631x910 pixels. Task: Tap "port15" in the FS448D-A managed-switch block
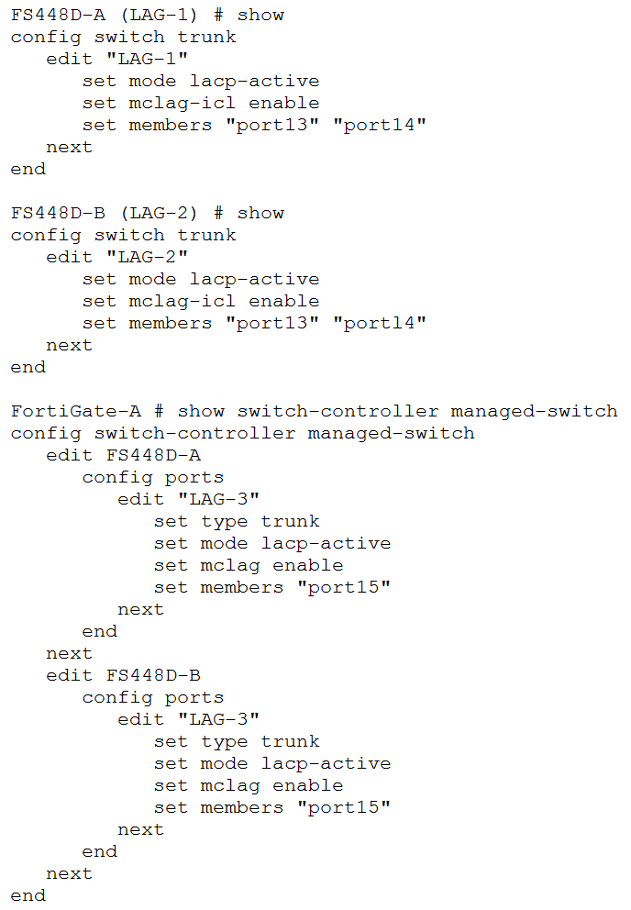tap(344, 587)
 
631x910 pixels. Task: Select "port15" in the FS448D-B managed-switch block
tap(344, 807)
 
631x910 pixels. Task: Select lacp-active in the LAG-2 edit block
tap(255, 279)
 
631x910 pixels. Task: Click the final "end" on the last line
tap(28, 895)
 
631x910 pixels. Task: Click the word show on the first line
tap(260, 15)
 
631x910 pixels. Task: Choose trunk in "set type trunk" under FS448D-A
tap(291, 521)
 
